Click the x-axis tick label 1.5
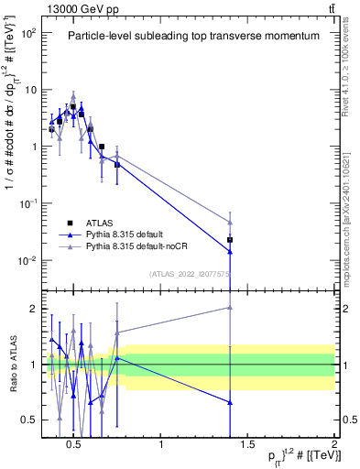point(247,445)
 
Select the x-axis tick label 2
point(333,445)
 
